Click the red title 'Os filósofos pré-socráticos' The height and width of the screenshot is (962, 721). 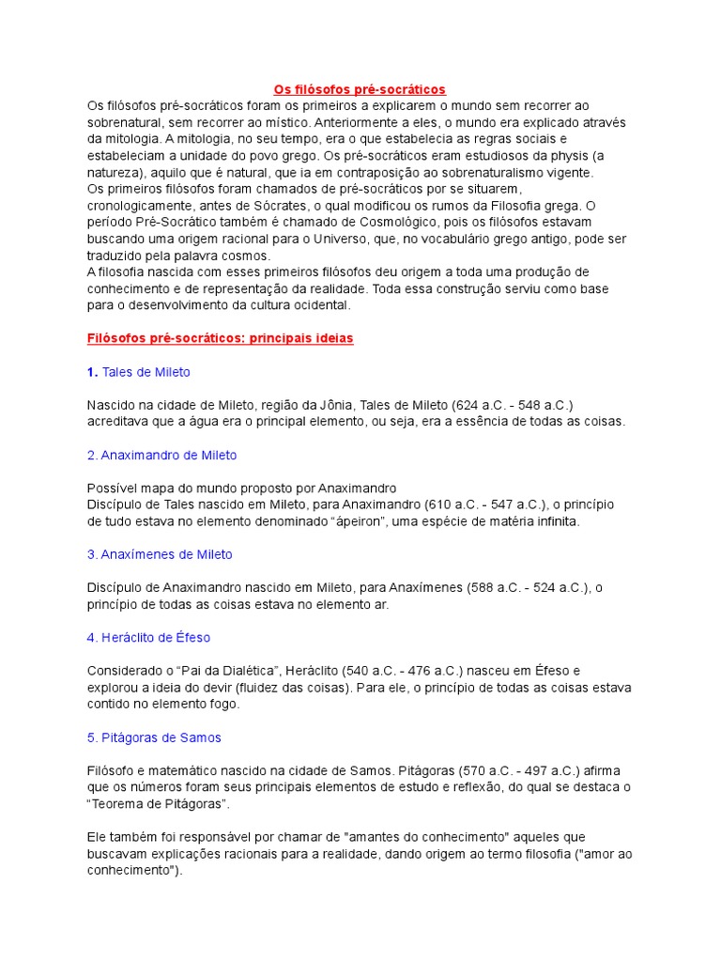click(360, 89)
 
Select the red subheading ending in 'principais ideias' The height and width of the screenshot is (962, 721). click(221, 338)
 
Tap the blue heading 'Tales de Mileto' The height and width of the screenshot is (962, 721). click(146, 372)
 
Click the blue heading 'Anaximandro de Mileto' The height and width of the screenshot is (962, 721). click(161, 455)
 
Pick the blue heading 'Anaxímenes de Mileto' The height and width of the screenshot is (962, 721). click(160, 554)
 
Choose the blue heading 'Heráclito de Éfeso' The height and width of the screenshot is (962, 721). click(148, 637)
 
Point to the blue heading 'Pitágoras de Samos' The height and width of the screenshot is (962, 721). click(154, 737)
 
